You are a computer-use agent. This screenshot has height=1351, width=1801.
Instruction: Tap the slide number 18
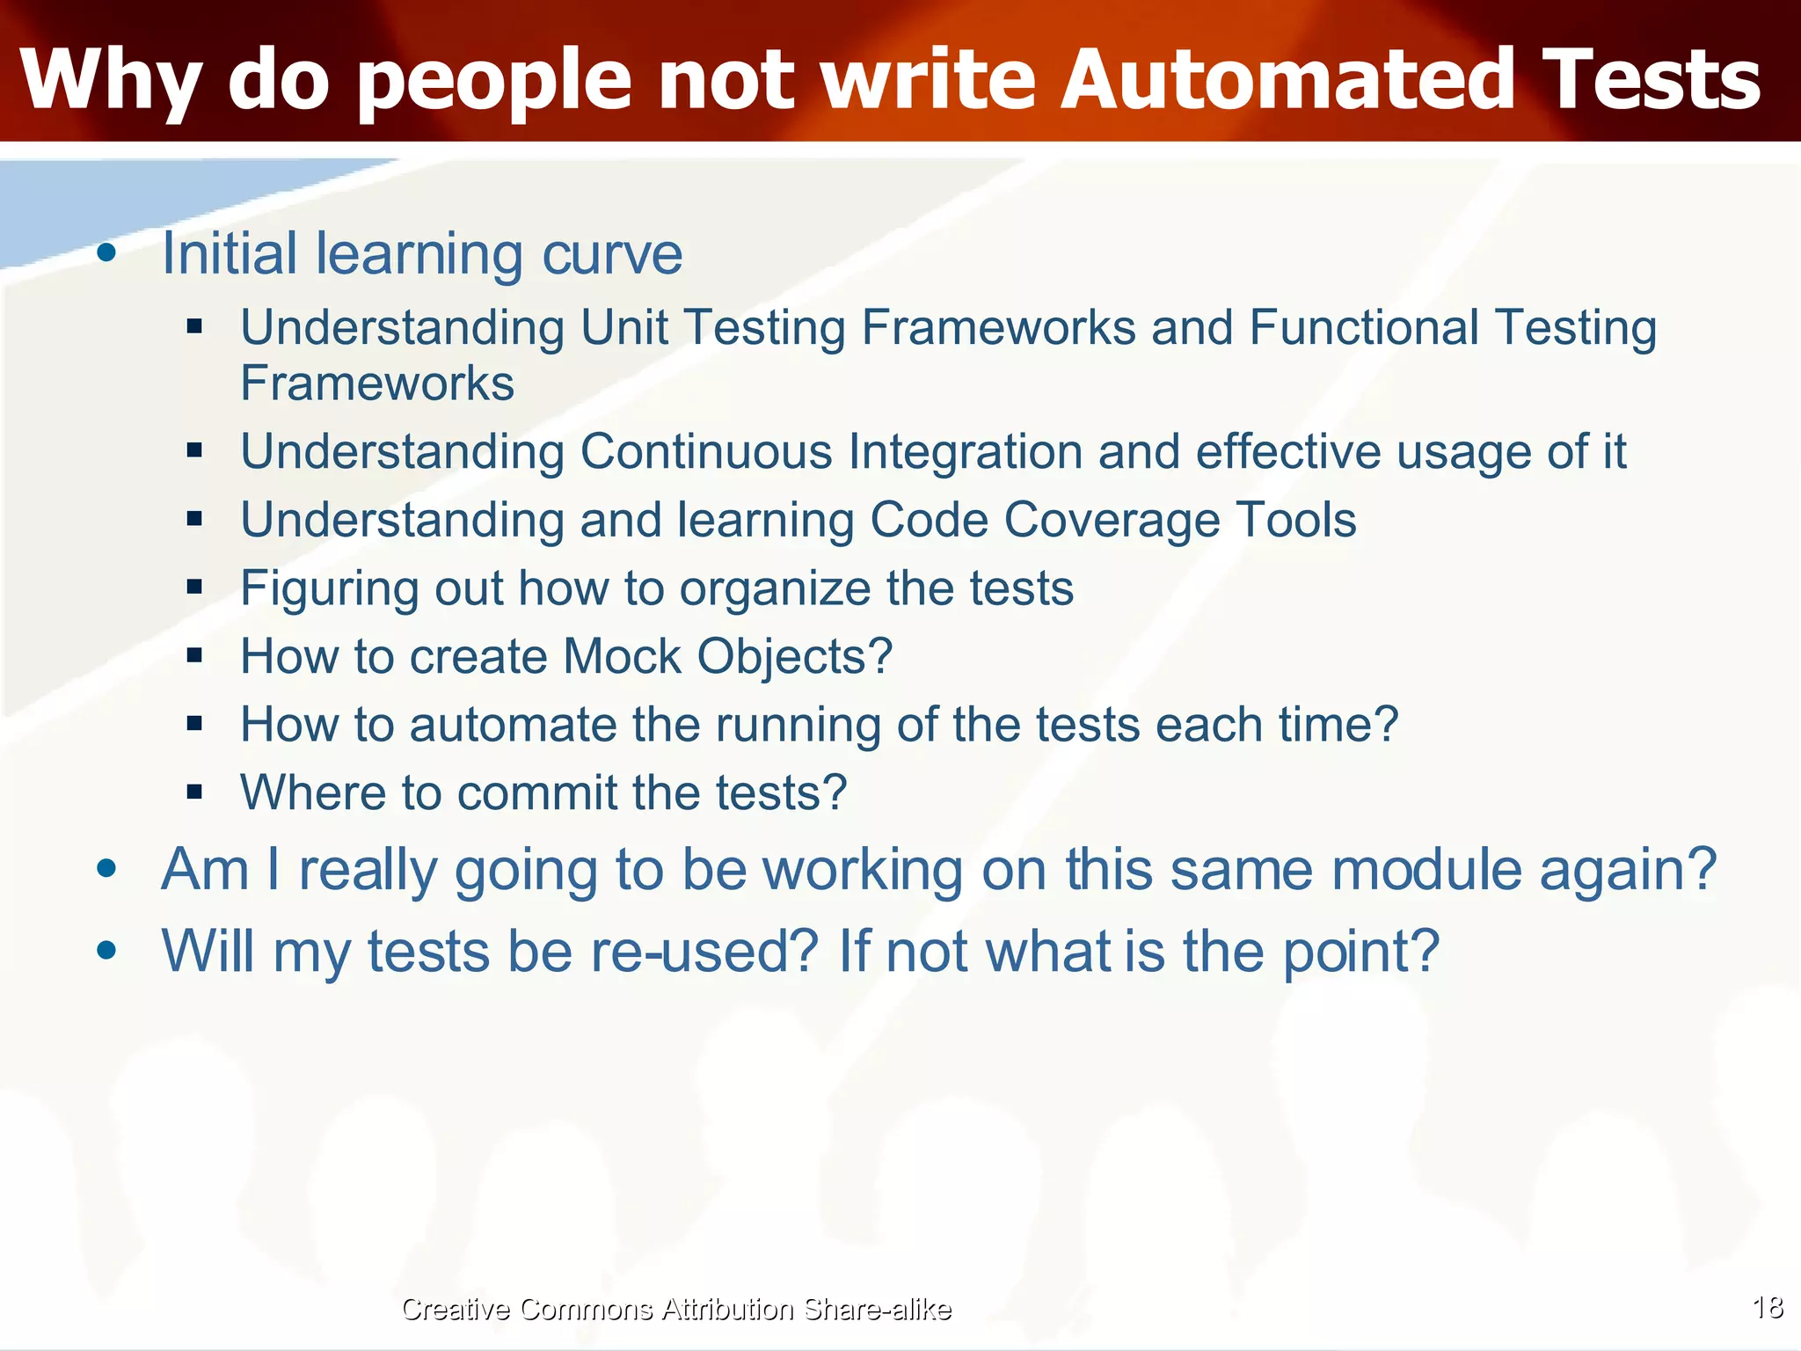pos(1768,1307)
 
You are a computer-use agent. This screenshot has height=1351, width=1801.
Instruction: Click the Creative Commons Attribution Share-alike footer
pos(675,1309)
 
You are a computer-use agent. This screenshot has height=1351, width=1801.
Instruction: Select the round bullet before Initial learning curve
pos(107,254)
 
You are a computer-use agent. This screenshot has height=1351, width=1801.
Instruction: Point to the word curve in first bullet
pos(612,254)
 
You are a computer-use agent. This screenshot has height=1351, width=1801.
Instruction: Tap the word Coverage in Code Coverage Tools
pos(1112,520)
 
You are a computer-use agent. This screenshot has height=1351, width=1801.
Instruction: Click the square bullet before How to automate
pos(195,724)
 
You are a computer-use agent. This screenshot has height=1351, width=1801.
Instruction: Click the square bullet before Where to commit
pos(195,792)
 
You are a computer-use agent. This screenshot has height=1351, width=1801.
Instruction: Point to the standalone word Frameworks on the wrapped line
pos(377,383)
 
